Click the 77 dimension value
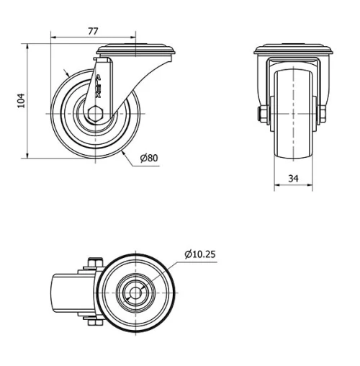coord(92,31)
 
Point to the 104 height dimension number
coord(21,100)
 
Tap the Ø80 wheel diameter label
coord(148,158)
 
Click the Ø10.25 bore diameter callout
coord(199,254)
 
